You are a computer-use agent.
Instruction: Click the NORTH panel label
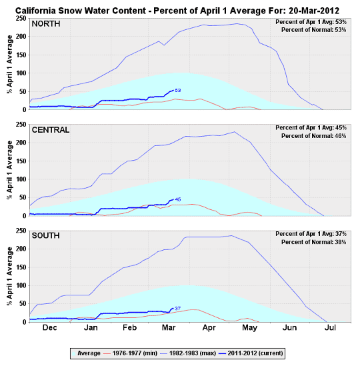point(47,24)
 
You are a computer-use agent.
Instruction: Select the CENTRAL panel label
point(51,129)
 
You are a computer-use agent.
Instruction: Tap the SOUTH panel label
point(47,235)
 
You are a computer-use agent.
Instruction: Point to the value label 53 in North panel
point(178,90)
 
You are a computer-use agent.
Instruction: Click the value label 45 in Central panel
point(178,199)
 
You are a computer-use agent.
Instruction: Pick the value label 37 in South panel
point(178,309)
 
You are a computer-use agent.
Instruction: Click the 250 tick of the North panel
point(21,18)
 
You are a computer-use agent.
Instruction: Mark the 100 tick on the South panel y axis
point(21,285)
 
